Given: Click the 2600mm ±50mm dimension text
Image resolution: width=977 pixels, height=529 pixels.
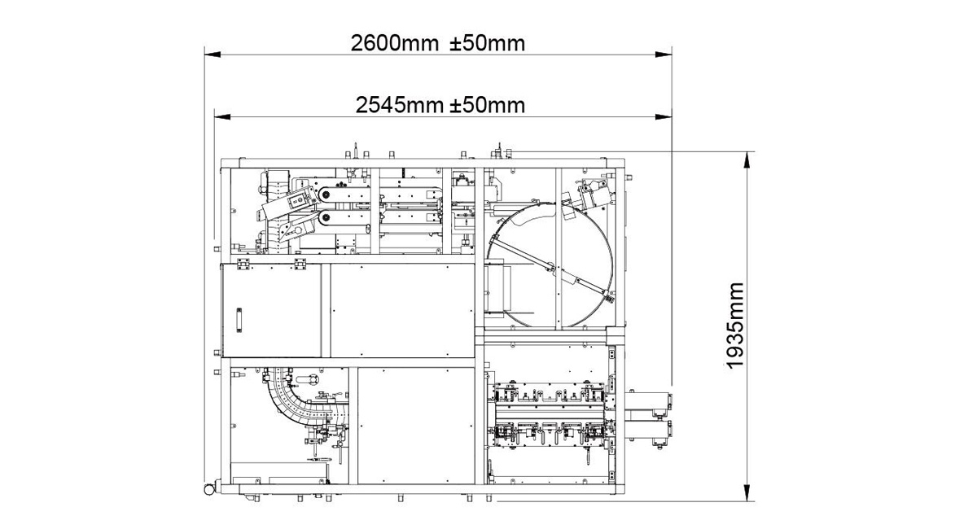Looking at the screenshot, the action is (438, 43).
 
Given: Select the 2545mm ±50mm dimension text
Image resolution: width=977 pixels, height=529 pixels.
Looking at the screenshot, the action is (440, 105).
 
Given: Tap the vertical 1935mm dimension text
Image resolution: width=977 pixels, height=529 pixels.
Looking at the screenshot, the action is (735, 326).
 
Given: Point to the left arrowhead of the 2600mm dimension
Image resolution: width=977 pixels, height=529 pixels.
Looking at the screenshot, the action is (212, 55).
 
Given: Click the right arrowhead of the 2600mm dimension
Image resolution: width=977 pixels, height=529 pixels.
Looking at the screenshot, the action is (664, 55).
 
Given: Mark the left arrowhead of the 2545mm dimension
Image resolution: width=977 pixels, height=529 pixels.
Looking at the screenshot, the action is (222, 117).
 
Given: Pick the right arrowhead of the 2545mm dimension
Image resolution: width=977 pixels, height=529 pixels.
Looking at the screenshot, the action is (664, 117).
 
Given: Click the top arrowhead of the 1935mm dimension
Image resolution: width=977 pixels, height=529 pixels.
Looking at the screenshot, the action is (747, 160).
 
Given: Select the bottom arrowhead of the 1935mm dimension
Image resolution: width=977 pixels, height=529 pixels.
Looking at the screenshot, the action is (747, 493).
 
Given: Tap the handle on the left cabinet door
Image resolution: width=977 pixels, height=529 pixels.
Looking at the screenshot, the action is (239, 320).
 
